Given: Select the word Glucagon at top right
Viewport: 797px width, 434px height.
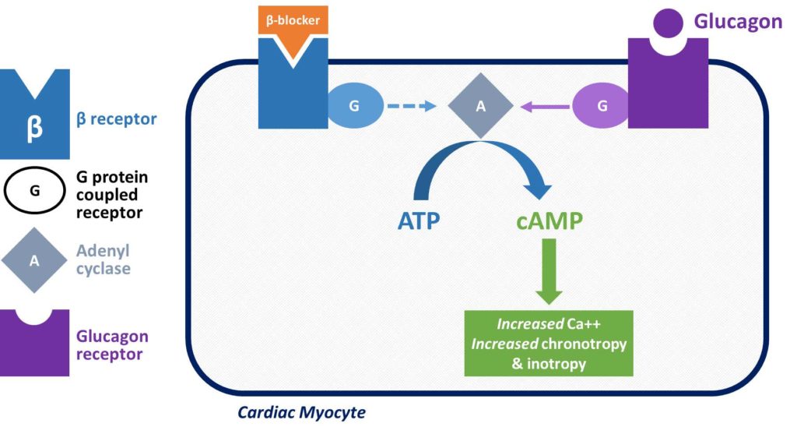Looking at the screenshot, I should tap(738, 22).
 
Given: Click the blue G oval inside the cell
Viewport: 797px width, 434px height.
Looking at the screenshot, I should tap(354, 106).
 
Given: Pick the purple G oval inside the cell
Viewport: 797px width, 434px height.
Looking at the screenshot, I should tap(602, 108).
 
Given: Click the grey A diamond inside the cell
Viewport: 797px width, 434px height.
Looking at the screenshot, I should tap(480, 107).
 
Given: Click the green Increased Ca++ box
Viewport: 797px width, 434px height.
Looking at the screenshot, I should tap(549, 343).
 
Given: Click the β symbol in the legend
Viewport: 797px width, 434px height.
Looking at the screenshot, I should tap(34, 127).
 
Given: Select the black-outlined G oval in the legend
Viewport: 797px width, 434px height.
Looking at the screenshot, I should tap(34, 190).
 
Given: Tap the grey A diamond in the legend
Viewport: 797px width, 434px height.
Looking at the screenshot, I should tap(34, 260).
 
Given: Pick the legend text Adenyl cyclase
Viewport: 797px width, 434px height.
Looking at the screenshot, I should tap(104, 260).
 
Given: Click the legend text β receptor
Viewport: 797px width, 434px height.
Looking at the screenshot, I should tap(116, 119).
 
